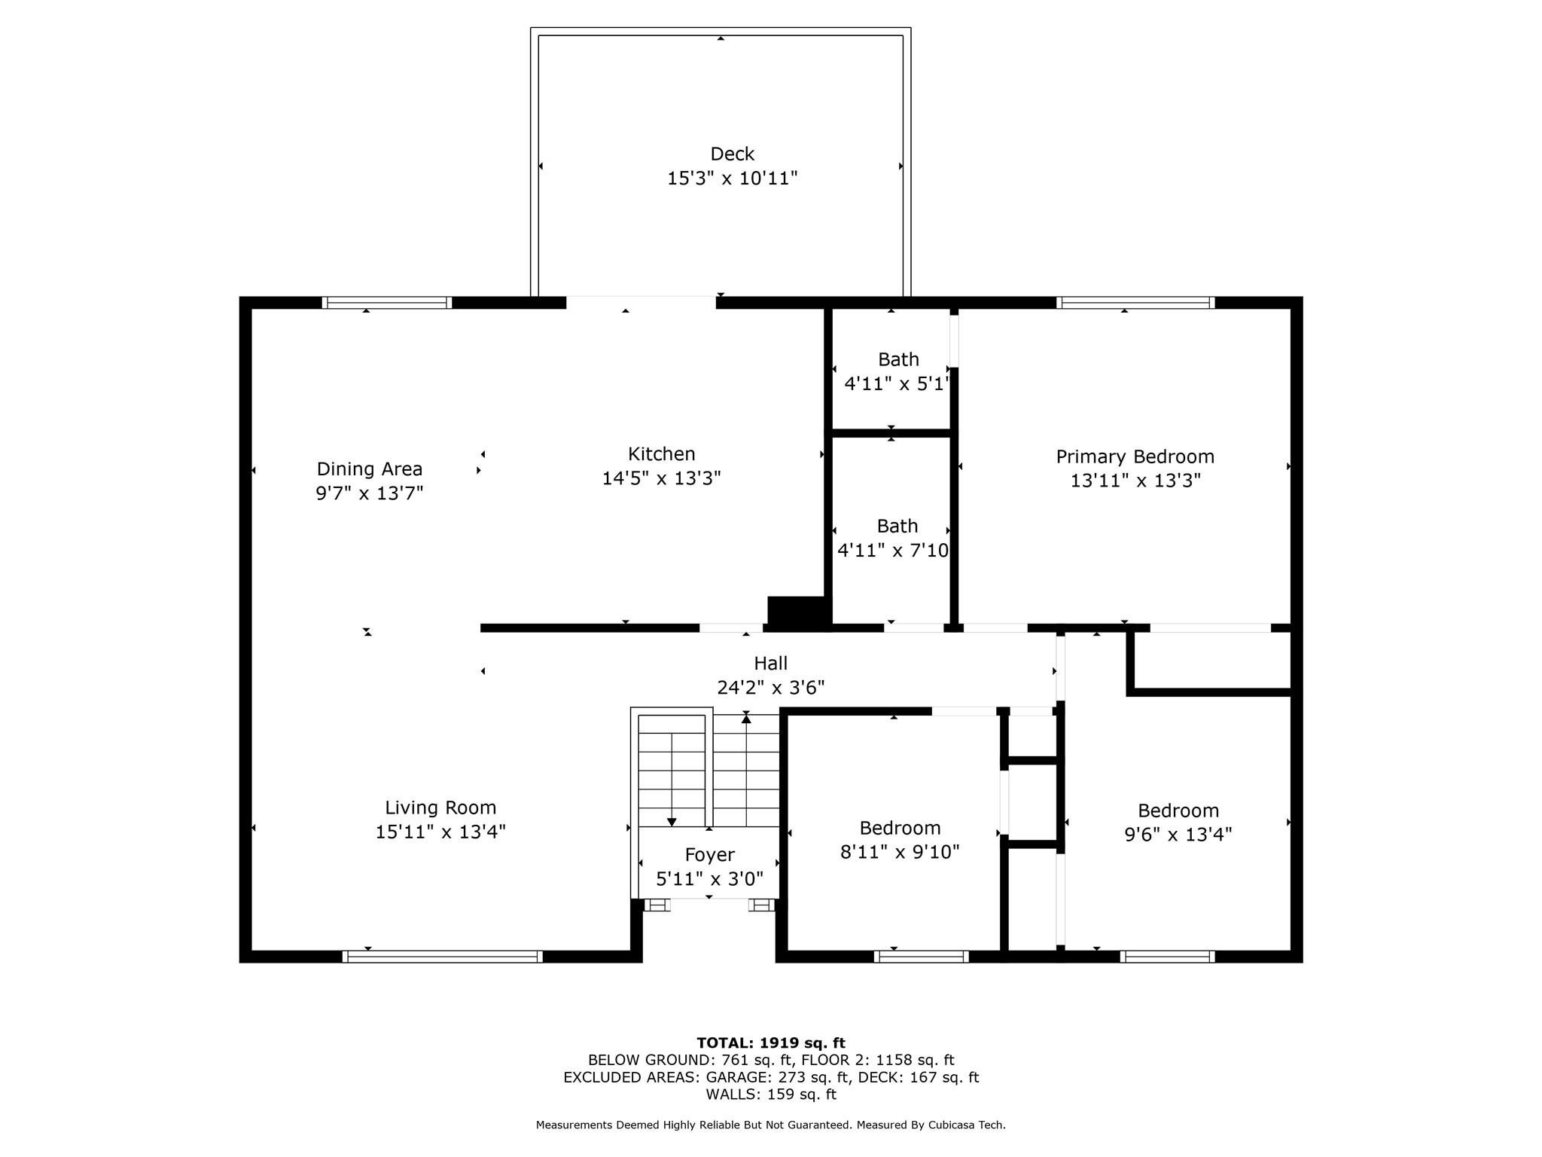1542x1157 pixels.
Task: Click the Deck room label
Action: point(732,154)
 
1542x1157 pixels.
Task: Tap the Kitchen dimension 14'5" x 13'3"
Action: point(661,478)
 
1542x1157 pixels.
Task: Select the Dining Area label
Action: point(369,469)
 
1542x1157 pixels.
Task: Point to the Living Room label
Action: point(440,808)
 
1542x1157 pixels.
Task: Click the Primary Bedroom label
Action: point(1135,457)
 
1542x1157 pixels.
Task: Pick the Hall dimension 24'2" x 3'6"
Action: point(770,688)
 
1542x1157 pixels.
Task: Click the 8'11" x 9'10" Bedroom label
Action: point(900,840)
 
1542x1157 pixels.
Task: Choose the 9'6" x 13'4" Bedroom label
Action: point(1178,823)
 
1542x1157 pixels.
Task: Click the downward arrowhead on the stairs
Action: point(672,823)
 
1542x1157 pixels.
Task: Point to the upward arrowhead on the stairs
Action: point(746,719)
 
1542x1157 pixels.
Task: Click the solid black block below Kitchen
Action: point(799,613)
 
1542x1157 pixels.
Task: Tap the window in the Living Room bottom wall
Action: point(443,957)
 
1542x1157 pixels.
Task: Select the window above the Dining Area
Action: point(387,303)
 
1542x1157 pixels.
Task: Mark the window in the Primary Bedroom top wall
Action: point(1135,303)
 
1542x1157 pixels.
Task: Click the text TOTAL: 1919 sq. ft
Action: point(771,1043)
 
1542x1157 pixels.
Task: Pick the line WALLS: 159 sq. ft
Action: point(771,1094)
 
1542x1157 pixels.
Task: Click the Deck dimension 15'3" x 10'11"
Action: point(732,179)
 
